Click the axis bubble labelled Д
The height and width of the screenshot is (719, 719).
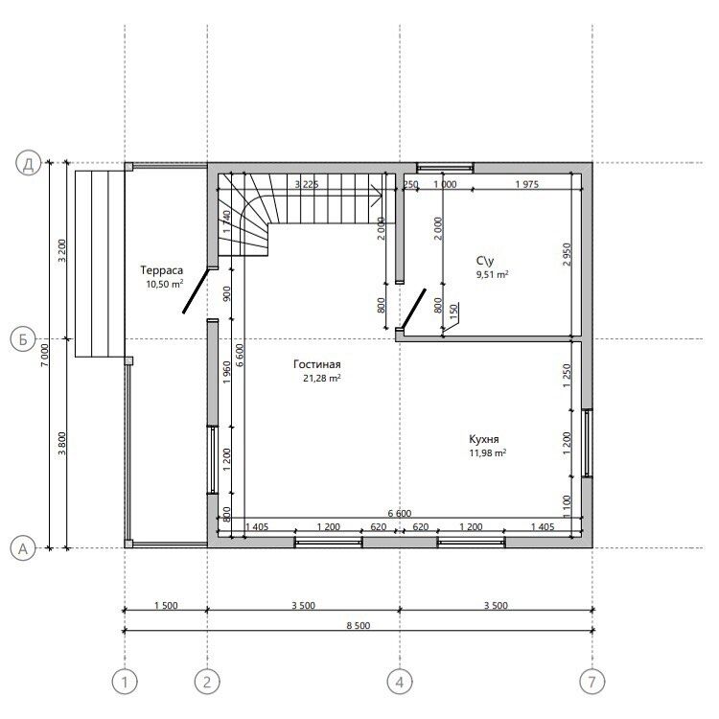[29, 163]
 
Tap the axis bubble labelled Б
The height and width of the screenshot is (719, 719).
[22, 339]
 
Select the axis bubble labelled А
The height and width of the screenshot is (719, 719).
[22, 548]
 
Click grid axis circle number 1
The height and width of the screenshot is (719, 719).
[125, 682]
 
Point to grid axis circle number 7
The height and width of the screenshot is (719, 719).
[592, 682]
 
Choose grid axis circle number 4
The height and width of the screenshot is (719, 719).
[400, 682]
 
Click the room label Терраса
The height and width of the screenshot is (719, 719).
[161, 270]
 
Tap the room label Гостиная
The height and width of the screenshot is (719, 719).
[317, 364]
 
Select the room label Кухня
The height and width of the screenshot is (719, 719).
[484, 439]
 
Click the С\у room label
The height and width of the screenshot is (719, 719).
[485, 261]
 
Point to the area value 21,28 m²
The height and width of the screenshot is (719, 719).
[322, 379]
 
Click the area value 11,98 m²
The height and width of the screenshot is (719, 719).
[487, 453]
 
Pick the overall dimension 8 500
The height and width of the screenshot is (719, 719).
[359, 625]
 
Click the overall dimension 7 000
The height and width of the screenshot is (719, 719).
[44, 355]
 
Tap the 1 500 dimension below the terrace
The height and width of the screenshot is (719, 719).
[166, 605]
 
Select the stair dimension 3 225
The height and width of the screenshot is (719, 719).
[307, 184]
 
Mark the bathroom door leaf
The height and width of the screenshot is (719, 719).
[413, 309]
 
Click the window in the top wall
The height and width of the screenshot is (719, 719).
[445, 168]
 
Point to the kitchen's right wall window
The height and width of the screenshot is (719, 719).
[588, 443]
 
